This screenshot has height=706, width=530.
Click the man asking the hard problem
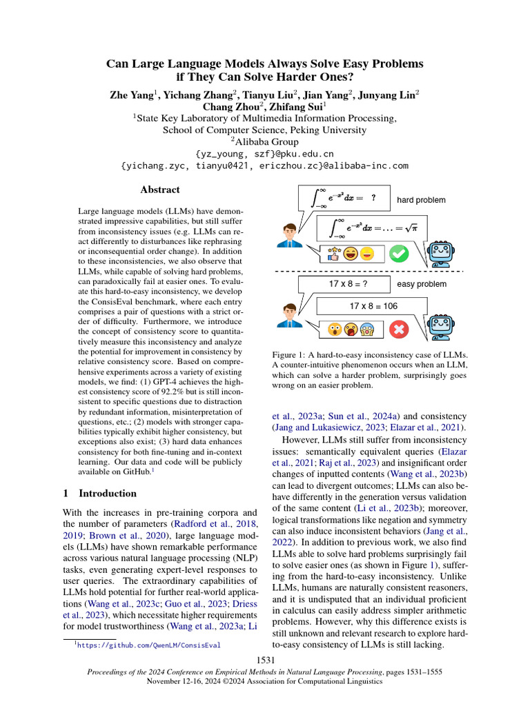[288, 234]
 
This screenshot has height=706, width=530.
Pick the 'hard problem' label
[421, 200]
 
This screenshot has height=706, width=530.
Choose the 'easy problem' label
[422, 283]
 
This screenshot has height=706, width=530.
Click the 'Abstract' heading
[159, 190]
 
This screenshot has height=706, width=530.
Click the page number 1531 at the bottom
[265, 661]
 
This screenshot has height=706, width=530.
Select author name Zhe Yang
[132, 95]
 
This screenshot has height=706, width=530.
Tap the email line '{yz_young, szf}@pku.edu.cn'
[265, 154]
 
